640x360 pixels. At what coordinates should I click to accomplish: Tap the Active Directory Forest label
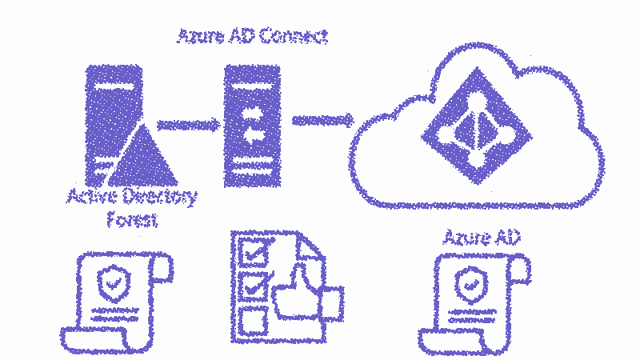click(x=132, y=207)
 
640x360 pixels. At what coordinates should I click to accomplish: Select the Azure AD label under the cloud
click(x=477, y=238)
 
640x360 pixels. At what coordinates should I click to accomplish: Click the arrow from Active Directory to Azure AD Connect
click(x=189, y=124)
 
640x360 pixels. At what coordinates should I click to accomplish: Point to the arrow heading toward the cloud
click(x=322, y=120)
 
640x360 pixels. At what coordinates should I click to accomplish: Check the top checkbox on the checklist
click(x=255, y=253)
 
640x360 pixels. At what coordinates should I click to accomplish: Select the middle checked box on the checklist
click(x=255, y=284)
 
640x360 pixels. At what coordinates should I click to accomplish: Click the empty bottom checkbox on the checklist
click(x=254, y=318)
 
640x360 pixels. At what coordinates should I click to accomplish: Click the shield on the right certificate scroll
click(x=468, y=282)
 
